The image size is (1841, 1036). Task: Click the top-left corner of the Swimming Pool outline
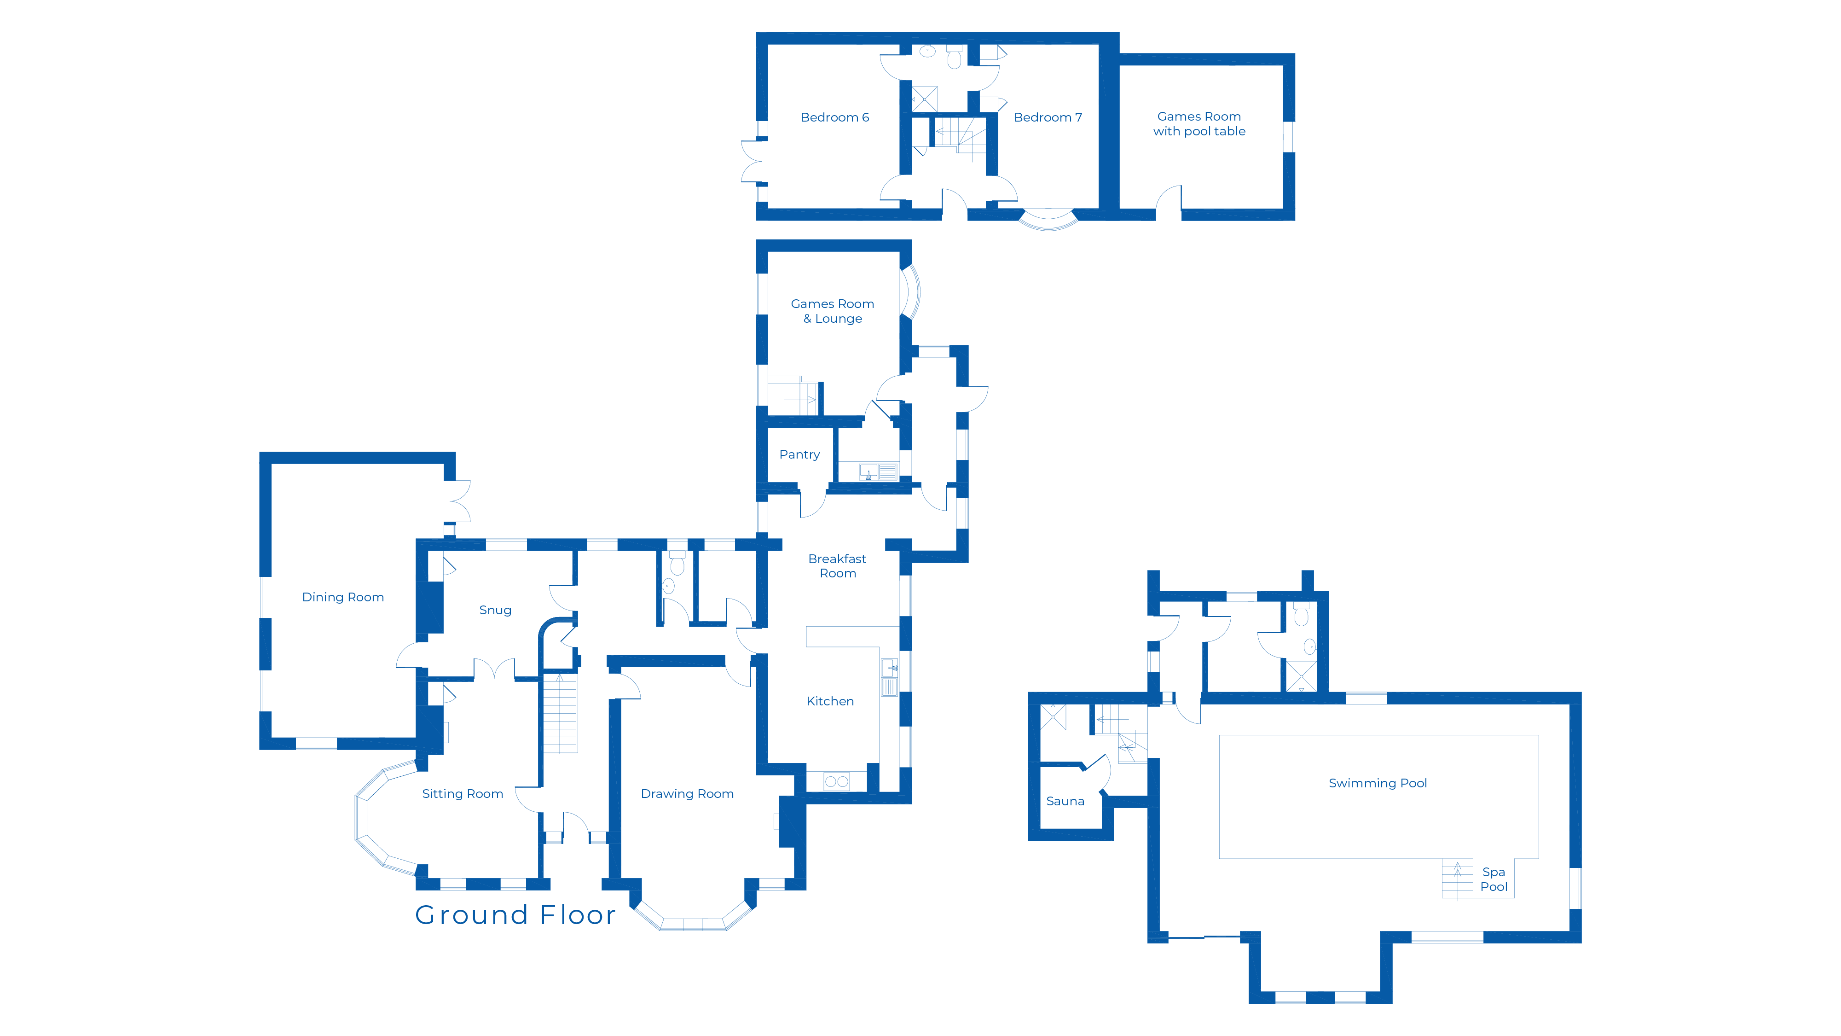coord(1219,735)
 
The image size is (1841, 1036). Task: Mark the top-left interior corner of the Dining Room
coord(272,464)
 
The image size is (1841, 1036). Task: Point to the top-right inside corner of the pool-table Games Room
coord(1284,65)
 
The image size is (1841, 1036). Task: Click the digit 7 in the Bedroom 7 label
coord(1078,117)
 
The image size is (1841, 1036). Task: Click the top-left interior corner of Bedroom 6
coord(768,44)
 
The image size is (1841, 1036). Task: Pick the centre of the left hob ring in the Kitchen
coord(830,781)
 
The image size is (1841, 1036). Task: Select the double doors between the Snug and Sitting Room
coord(494,669)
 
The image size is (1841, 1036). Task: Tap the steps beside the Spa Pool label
coord(1457,879)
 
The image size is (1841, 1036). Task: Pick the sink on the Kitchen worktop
coord(889,668)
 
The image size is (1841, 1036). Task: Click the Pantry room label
coord(799,455)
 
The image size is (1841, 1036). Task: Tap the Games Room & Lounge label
coord(833,311)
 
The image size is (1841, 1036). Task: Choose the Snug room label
coord(495,610)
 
